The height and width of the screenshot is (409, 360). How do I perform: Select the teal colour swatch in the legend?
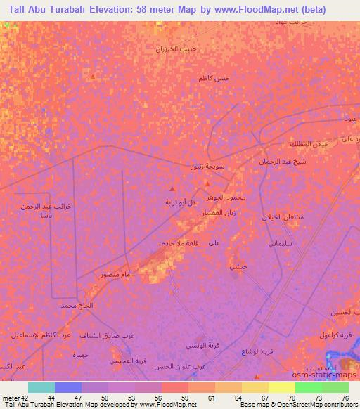point(41,387)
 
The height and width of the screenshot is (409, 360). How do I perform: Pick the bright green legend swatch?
point(309,387)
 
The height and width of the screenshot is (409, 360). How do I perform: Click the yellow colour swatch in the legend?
point(282,387)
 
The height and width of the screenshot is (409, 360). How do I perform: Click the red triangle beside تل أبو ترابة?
point(173,188)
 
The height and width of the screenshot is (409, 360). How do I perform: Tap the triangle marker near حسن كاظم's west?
point(92,78)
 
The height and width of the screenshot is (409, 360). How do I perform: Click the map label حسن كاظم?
point(214,78)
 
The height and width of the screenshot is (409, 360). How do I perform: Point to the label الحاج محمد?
point(77,306)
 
